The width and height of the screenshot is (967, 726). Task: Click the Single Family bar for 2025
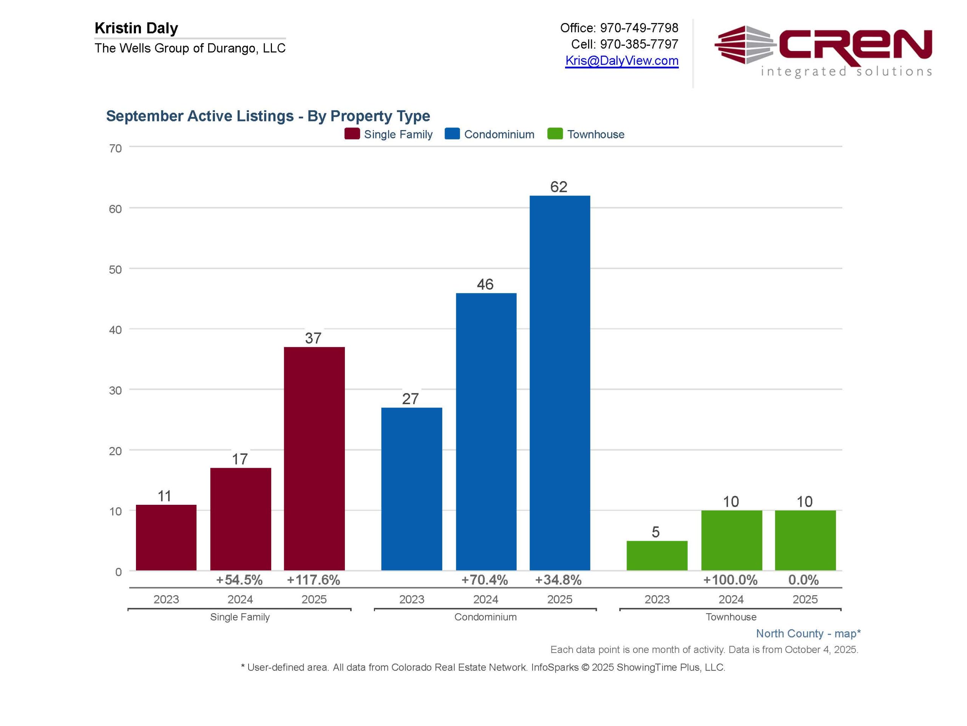point(314,458)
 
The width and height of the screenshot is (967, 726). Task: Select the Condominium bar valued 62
point(559,383)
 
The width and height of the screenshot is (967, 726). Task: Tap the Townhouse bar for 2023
point(657,555)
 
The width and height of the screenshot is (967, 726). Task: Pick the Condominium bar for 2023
point(411,489)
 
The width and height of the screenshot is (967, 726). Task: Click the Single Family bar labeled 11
point(166,537)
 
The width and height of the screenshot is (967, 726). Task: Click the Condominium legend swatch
point(452,134)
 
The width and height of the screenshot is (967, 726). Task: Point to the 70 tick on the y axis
point(116,148)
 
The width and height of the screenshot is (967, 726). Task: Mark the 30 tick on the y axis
point(116,390)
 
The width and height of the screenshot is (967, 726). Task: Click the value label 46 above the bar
point(485,284)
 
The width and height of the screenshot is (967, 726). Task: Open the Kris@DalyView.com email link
point(621,60)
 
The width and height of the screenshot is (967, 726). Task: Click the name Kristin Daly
point(136,28)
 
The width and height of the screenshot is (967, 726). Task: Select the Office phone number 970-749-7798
point(639,28)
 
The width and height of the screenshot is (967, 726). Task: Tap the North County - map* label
point(808,633)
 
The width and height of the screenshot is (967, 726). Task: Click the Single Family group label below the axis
point(239,617)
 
